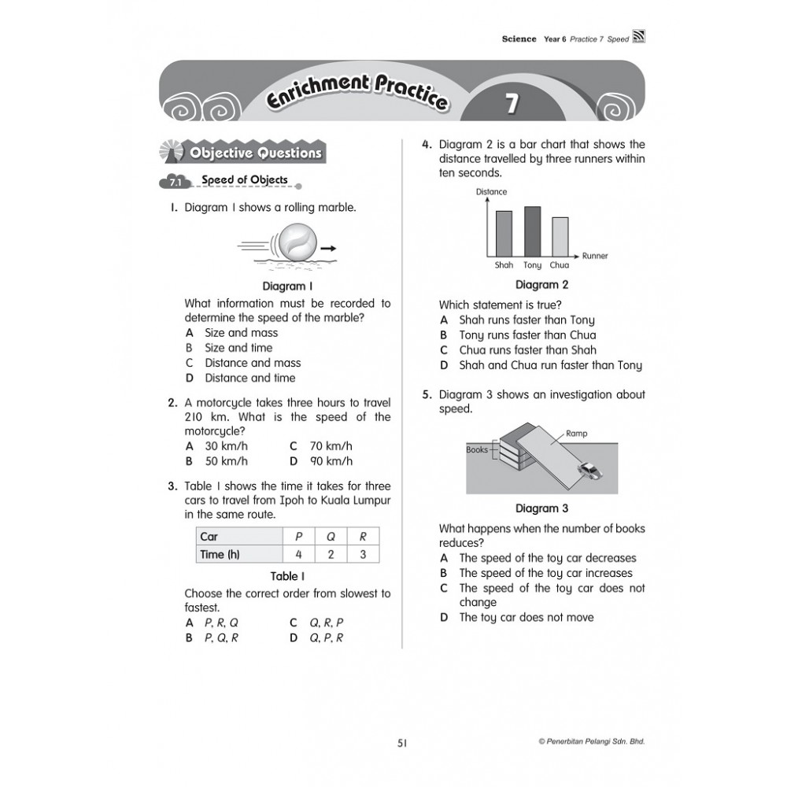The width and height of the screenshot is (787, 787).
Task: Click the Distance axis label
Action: point(492,192)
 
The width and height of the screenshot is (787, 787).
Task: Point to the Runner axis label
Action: point(595,256)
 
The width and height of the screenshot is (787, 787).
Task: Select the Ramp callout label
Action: point(576,434)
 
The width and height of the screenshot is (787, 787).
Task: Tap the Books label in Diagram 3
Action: point(477,450)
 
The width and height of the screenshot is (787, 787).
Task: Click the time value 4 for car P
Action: point(298,554)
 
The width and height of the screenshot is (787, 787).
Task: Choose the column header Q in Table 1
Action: point(331,537)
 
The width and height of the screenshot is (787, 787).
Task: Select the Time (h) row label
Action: point(220,554)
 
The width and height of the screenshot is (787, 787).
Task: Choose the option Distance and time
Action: point(249,378)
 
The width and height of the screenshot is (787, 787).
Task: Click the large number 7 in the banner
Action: point(512,102)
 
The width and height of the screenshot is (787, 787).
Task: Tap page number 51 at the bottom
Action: point(402,741)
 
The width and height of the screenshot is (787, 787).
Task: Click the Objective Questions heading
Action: point(253,153)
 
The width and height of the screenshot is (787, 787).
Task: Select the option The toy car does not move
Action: point(526,617)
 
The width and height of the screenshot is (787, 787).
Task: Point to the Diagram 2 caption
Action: point(541,285)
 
